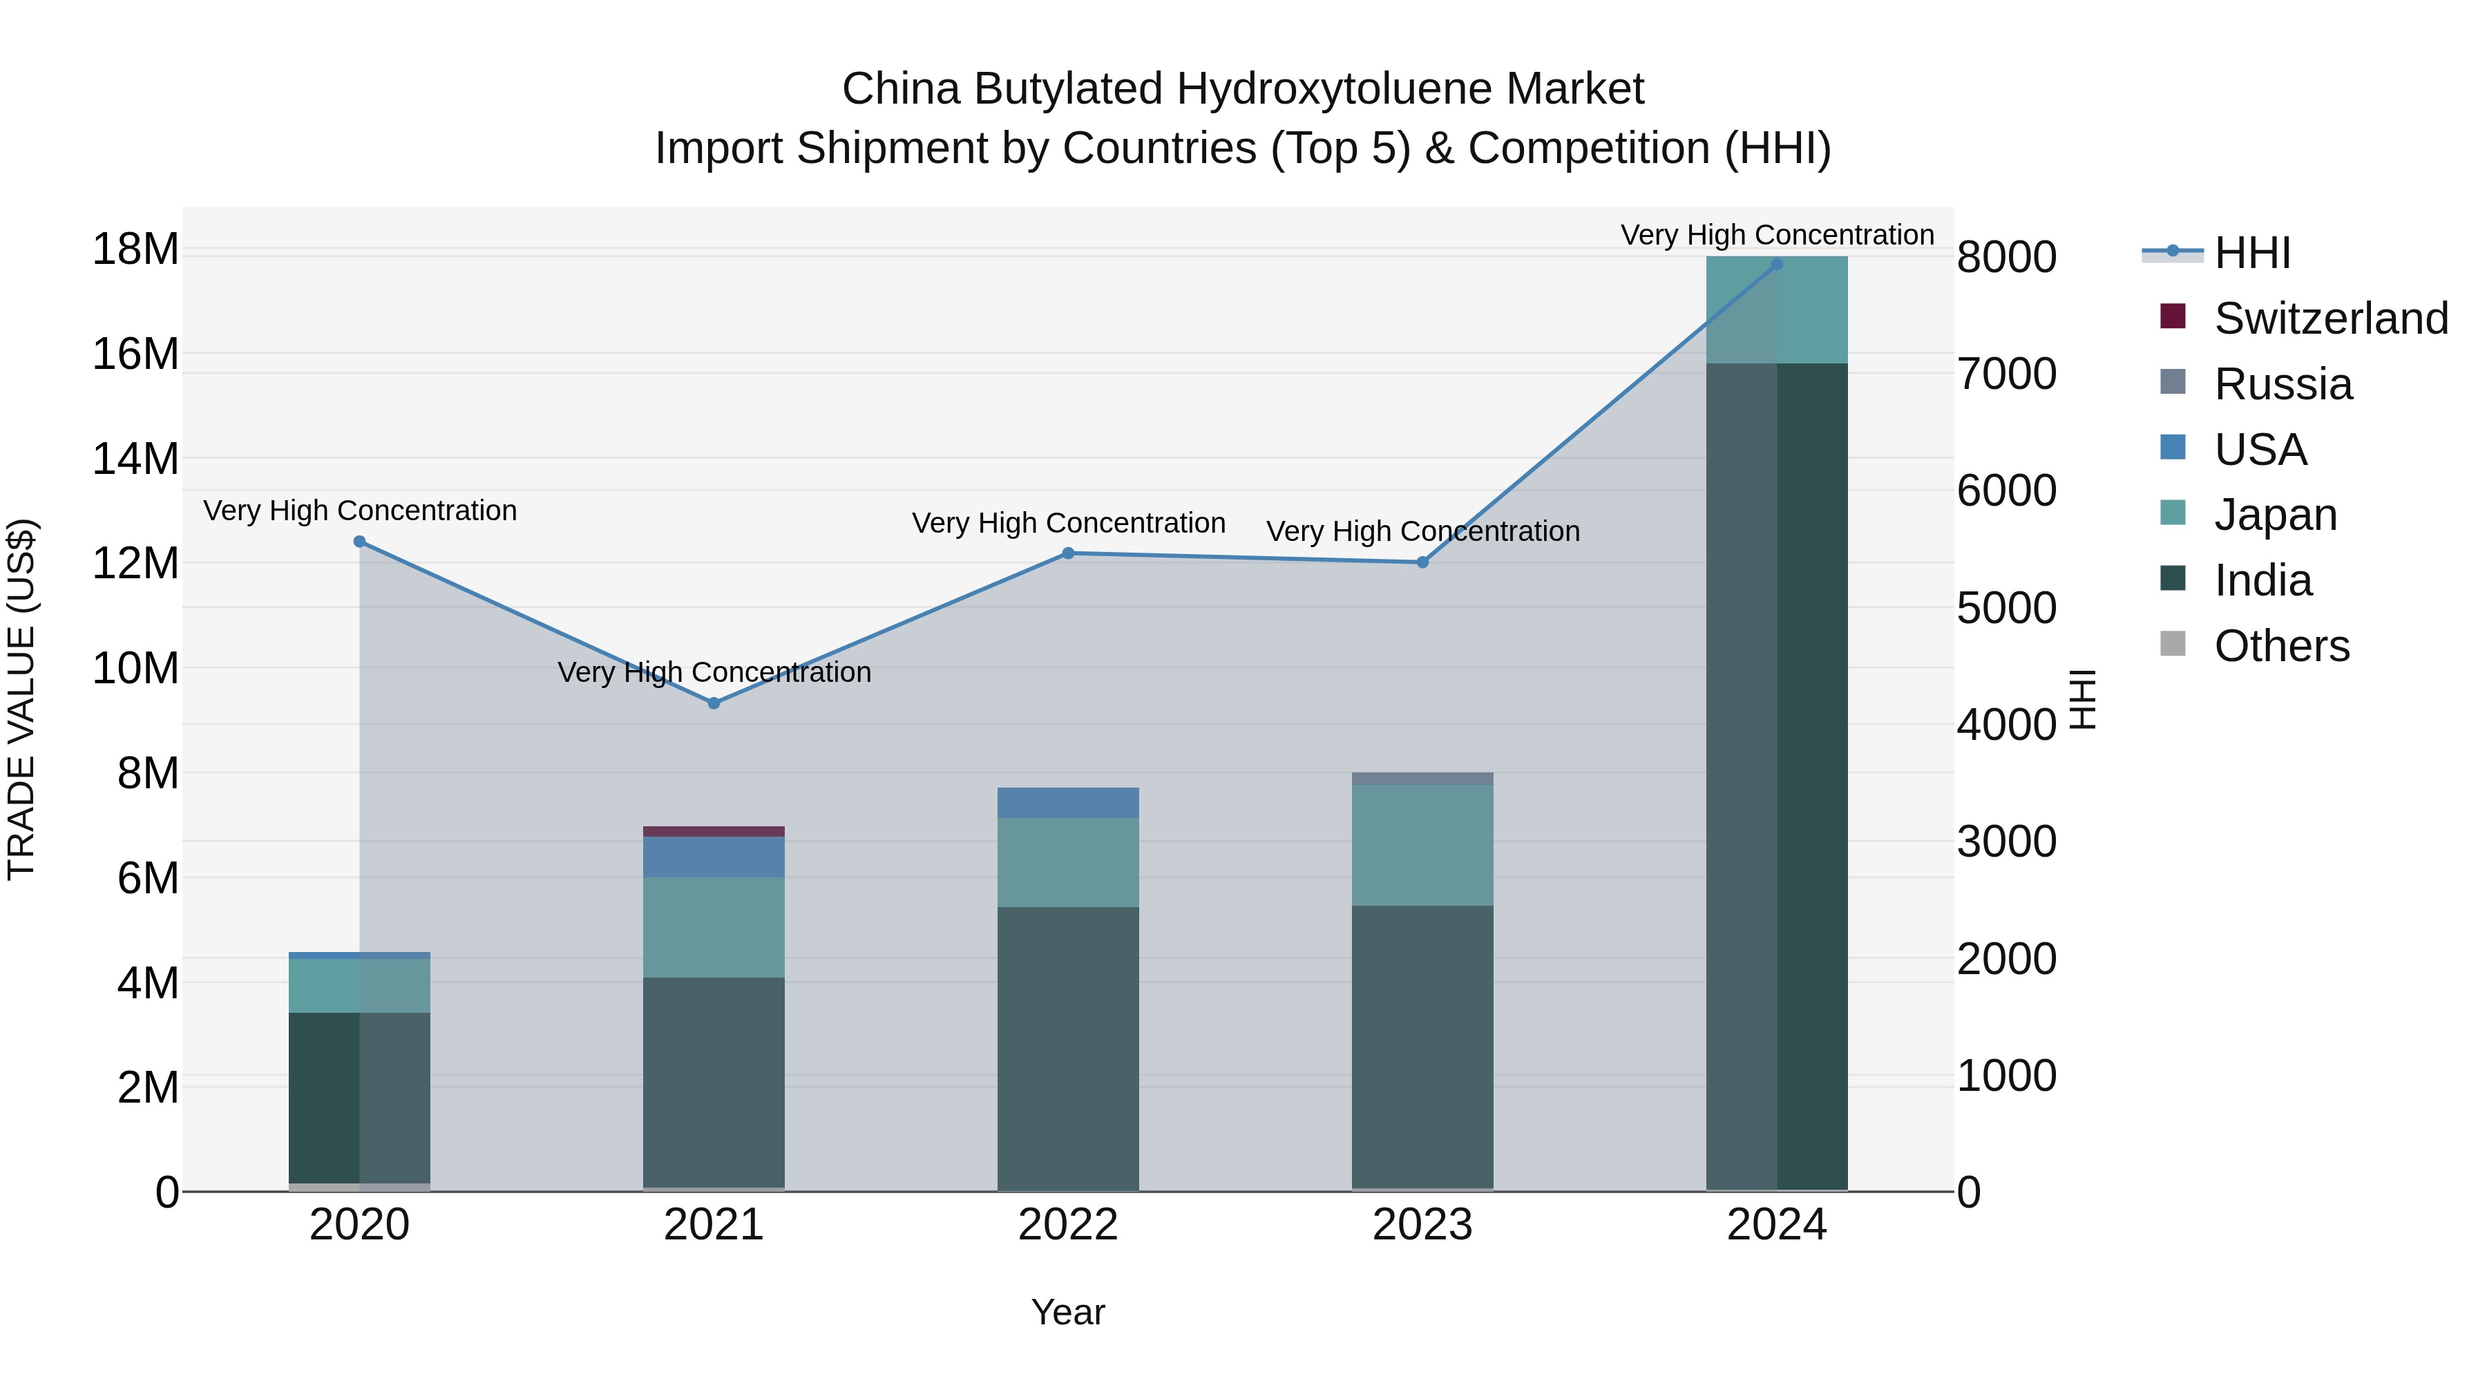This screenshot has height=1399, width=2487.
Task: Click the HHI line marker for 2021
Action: point(714,703)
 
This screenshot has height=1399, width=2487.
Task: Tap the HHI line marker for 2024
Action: point(1776,265)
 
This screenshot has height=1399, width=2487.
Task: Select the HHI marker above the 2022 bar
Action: point(1068,553)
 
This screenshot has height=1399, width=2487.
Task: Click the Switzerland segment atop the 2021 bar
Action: point(714,831)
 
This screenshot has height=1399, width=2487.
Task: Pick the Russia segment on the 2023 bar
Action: point(1422,778)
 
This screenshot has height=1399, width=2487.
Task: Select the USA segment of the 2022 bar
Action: point(1068,802)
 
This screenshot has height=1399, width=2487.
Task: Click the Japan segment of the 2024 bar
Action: point(1776,310)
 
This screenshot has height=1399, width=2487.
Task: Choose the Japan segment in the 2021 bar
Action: point(714,927)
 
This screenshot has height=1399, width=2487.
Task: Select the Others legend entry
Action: point(2280,646)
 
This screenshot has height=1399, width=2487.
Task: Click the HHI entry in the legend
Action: point(2251,253)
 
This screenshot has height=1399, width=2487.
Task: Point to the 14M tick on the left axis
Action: point(135,459)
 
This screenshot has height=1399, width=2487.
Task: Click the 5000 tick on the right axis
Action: point(2006,608)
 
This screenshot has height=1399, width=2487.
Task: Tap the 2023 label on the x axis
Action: point(1422,1225)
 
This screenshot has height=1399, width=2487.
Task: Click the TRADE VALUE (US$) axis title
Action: point(21,699)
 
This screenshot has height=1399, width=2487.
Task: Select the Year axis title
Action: point(1068,1312)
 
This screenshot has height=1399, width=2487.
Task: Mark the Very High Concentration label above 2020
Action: point(360,510)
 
